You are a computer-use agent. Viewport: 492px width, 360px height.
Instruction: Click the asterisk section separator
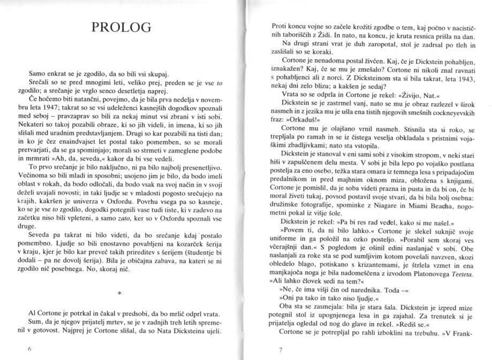click(124, 293)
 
